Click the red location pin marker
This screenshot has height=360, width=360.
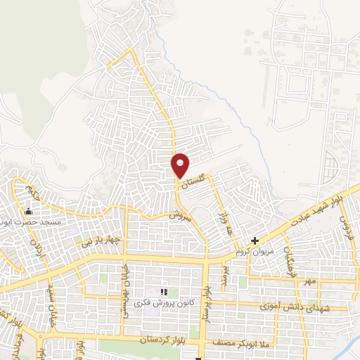pyautogui.click(x=181, y=165)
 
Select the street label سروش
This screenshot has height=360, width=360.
pyautogui.click(x=181, y=217)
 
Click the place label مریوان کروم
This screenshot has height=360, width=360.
pyautogui.click(x=263, y=252)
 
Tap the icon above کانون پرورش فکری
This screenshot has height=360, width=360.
pyautogui.click(x=164, y=292)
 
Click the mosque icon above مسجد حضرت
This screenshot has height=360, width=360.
pyautogui.click(x=29, y=211)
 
